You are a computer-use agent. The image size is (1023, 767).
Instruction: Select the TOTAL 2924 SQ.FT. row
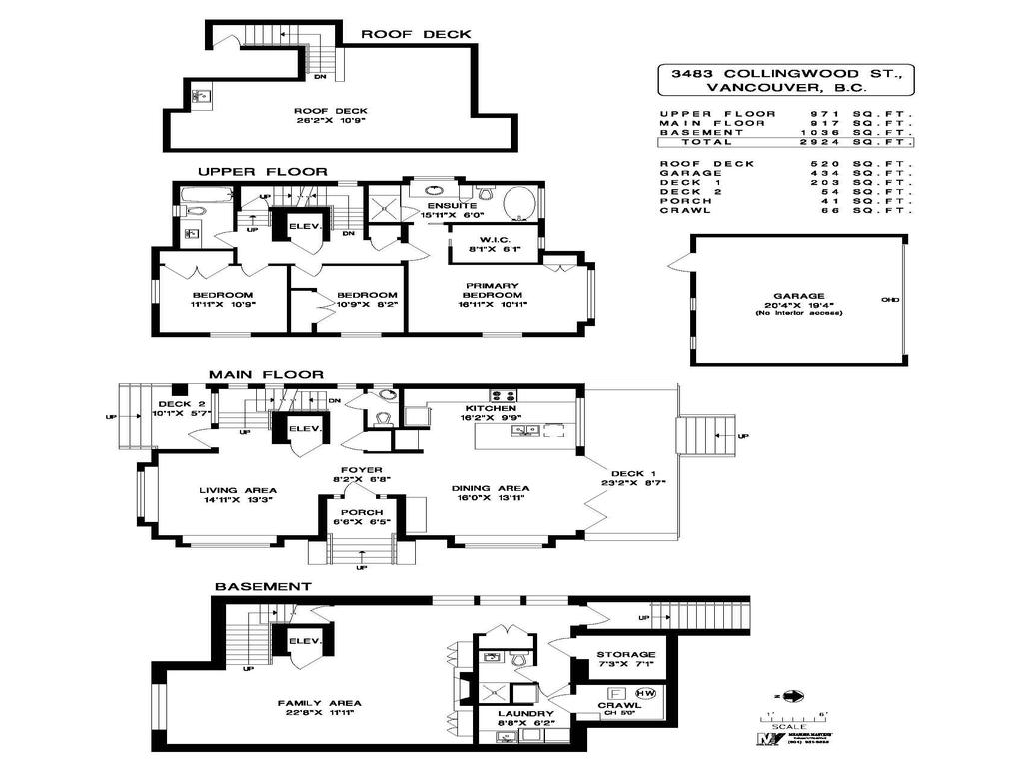(x=785, y=142)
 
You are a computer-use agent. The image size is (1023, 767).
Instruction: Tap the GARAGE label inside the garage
(x=795, y=296)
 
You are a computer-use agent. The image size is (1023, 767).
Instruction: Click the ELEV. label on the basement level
(x=303, y=641)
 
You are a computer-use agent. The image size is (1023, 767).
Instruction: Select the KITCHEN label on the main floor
(x=490, y=409)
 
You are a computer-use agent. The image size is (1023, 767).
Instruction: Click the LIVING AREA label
(x=236, y=489)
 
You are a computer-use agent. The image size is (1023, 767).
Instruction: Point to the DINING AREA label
(x=490, y=489)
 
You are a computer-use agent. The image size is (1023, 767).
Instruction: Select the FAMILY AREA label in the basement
(x=320, y=703)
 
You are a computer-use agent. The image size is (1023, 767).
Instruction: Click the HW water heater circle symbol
(x=645, y=692)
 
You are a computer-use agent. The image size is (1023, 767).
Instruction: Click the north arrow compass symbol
(x=795, y=696)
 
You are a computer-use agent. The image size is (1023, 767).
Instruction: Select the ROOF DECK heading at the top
(x=416, y=34)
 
